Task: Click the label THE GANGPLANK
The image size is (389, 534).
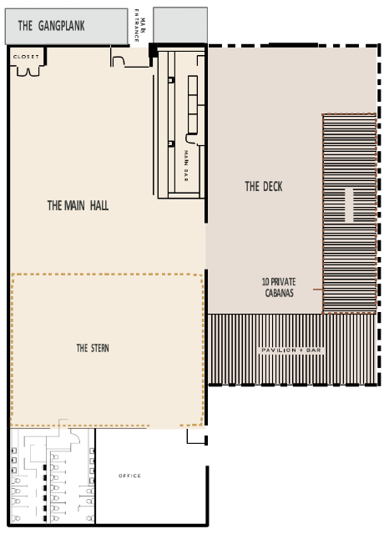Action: [51, 26]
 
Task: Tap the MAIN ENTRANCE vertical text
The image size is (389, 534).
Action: [139, 26]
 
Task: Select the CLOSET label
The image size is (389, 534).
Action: [26, 57]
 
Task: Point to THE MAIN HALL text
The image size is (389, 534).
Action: [78, 205]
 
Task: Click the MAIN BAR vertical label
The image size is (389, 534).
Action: [186, 165]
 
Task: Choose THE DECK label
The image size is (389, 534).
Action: [264, 186]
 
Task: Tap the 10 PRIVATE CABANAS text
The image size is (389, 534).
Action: [279, 287]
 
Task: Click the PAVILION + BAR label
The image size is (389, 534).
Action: [291, 350]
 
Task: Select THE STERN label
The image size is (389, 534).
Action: [93, 348]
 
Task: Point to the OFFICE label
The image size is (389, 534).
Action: [129, 476]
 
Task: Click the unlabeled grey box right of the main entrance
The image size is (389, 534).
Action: [180, 25]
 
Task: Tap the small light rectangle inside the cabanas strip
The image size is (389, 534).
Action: [349, 204]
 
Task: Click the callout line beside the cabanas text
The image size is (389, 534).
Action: [318, 290]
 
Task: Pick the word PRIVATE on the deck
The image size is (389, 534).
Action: [283, 282]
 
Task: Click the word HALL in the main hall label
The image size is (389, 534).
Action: [99, 205]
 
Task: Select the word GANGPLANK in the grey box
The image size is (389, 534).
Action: [61, 26]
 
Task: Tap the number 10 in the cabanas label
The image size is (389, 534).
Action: [265, 282]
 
